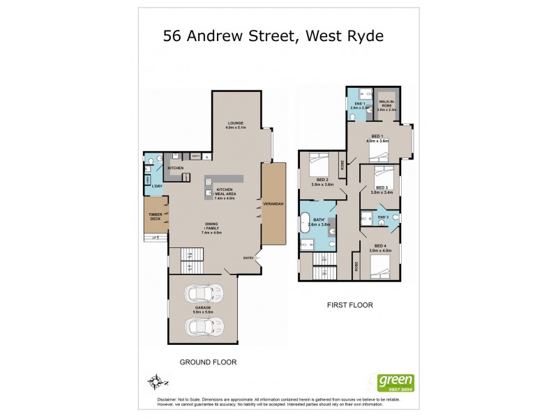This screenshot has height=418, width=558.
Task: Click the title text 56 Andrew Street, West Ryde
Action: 273,36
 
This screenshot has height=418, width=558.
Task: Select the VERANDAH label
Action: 273,203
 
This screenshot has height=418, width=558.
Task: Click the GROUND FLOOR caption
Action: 208,362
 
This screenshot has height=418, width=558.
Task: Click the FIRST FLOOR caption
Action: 350,305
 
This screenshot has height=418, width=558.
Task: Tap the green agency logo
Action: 395,382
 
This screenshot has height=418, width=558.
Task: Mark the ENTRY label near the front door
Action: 248,258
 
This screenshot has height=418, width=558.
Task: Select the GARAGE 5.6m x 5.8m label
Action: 203,309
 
